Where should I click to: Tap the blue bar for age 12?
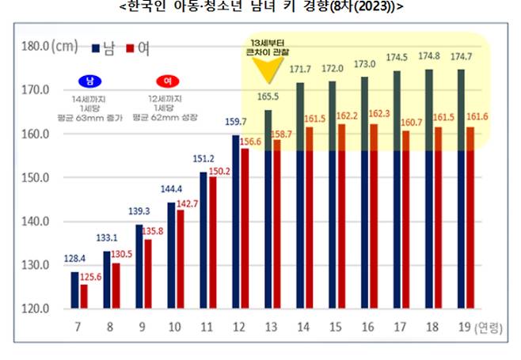click(x=235, y=222)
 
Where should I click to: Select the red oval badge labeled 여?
click(x=167, y=81)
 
